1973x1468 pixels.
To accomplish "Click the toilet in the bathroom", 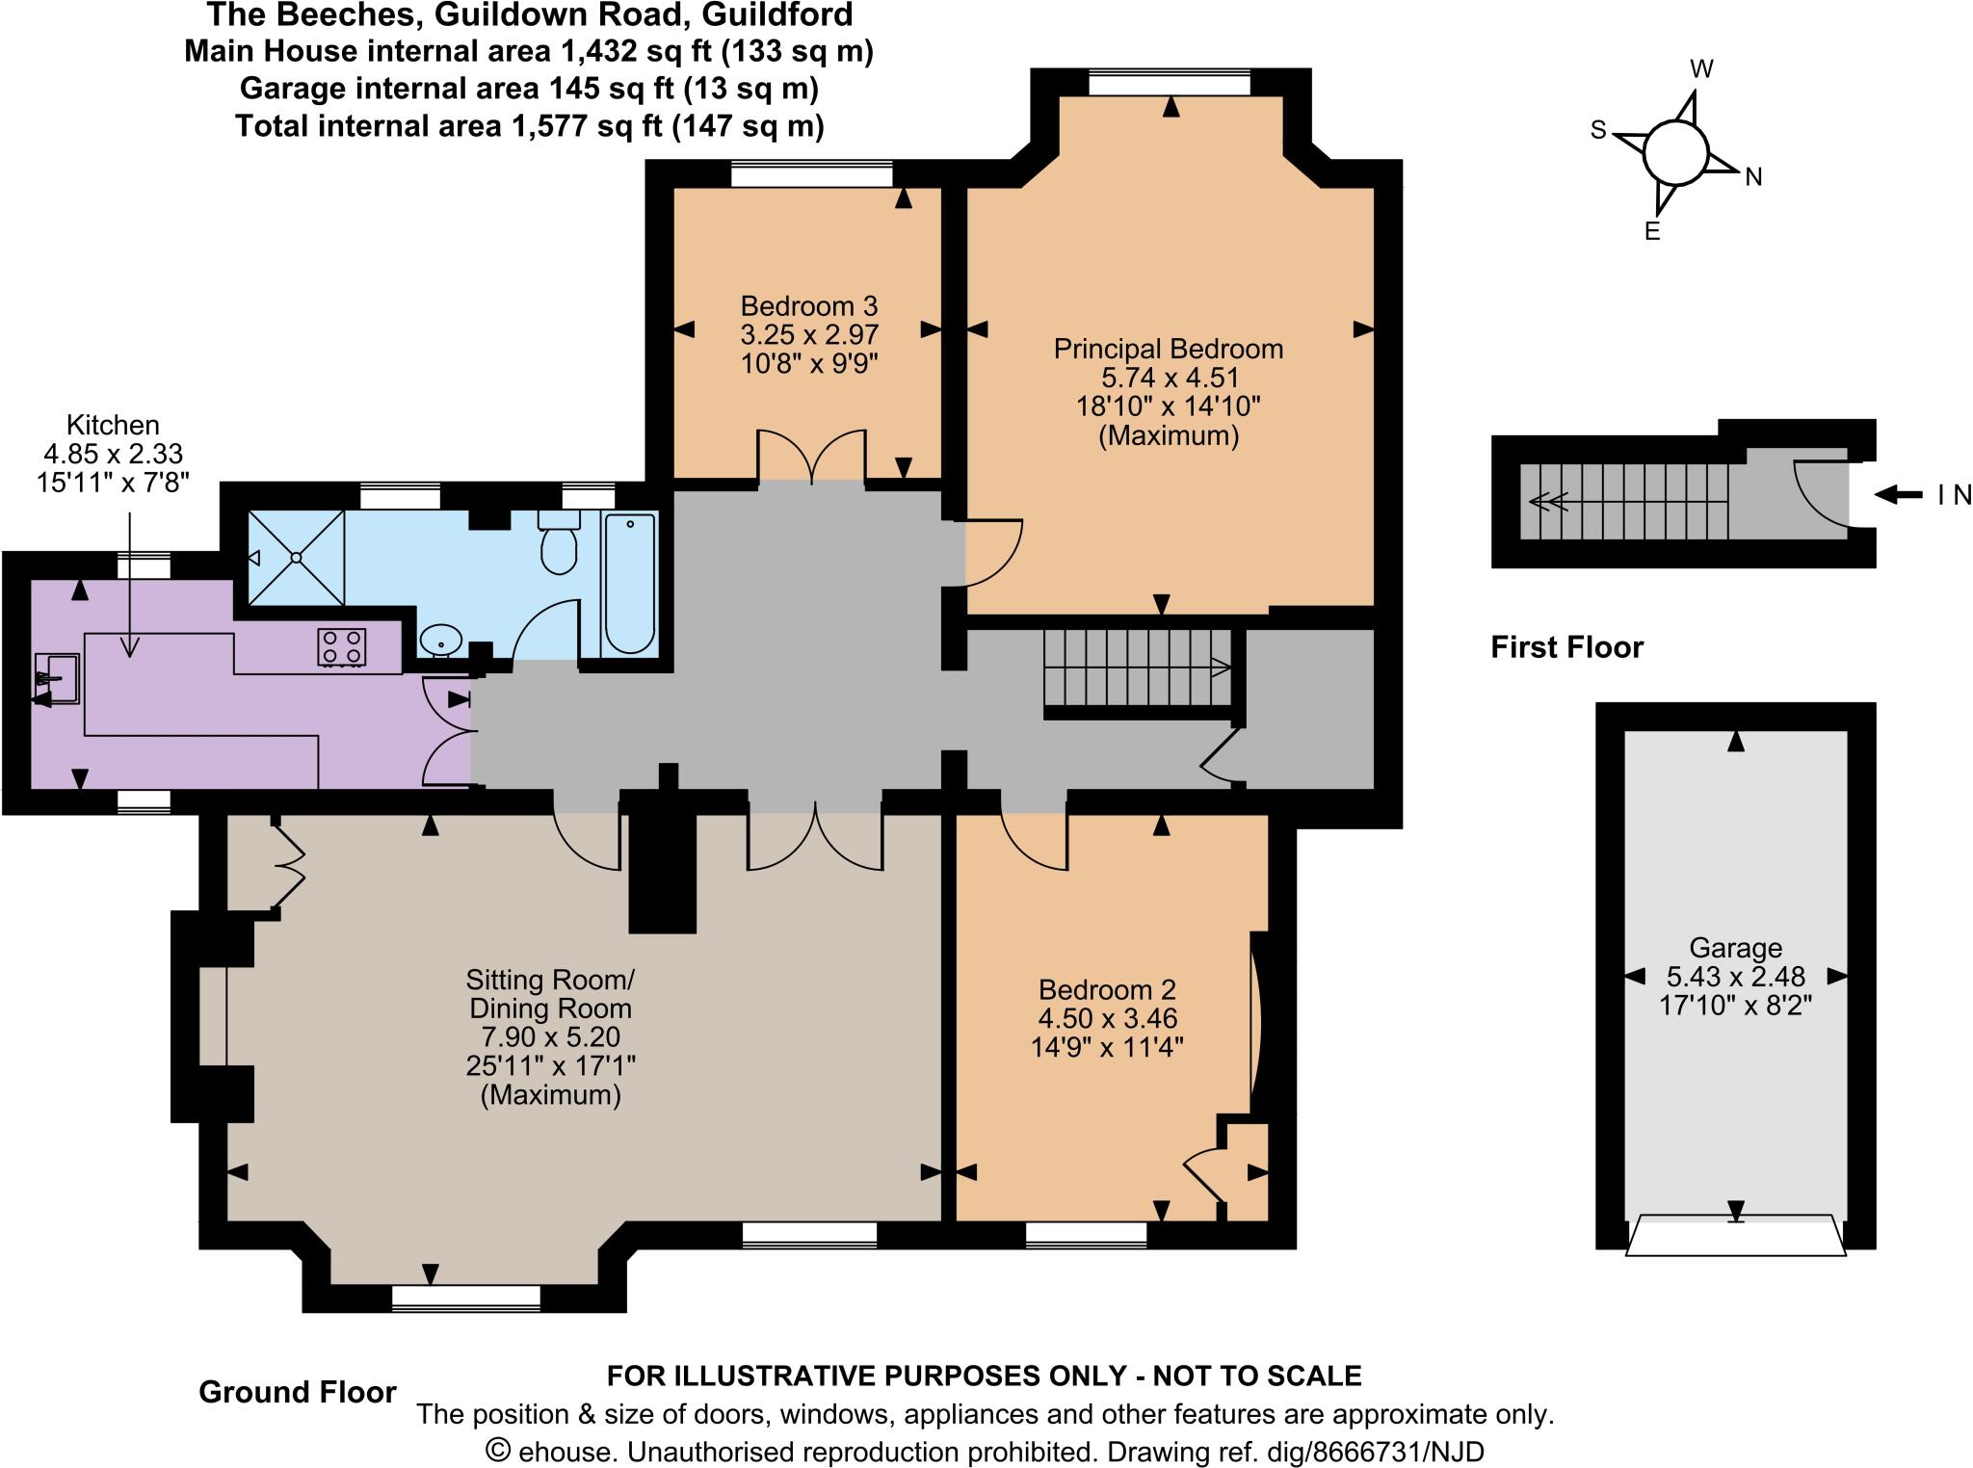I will [x=559, y=545].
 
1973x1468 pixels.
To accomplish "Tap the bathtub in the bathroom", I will [x=630, y=584].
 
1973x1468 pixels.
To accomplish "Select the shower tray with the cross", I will [x=297, y=557].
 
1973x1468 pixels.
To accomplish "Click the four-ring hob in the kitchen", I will [x=342, y=646].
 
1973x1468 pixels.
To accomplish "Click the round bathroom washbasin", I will [x=441, y=638].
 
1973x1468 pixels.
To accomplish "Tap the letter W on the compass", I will [x=1702, y=69].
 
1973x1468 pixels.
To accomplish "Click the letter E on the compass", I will [x=1652, y=231].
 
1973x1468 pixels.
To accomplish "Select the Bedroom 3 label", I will [x=809, y=306].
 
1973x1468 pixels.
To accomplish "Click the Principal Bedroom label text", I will [x=1169, y=349].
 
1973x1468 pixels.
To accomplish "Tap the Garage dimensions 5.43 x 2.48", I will [x=1735, y=976].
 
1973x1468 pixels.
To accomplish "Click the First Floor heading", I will [x=1566, y=647].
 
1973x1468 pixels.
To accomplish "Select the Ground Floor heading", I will [x=298, y=1392].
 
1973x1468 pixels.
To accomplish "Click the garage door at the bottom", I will [x=1735, y=1236].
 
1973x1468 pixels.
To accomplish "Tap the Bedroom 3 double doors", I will [x=811, y=457].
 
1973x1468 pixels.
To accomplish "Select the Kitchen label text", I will [x=113, y=425].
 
